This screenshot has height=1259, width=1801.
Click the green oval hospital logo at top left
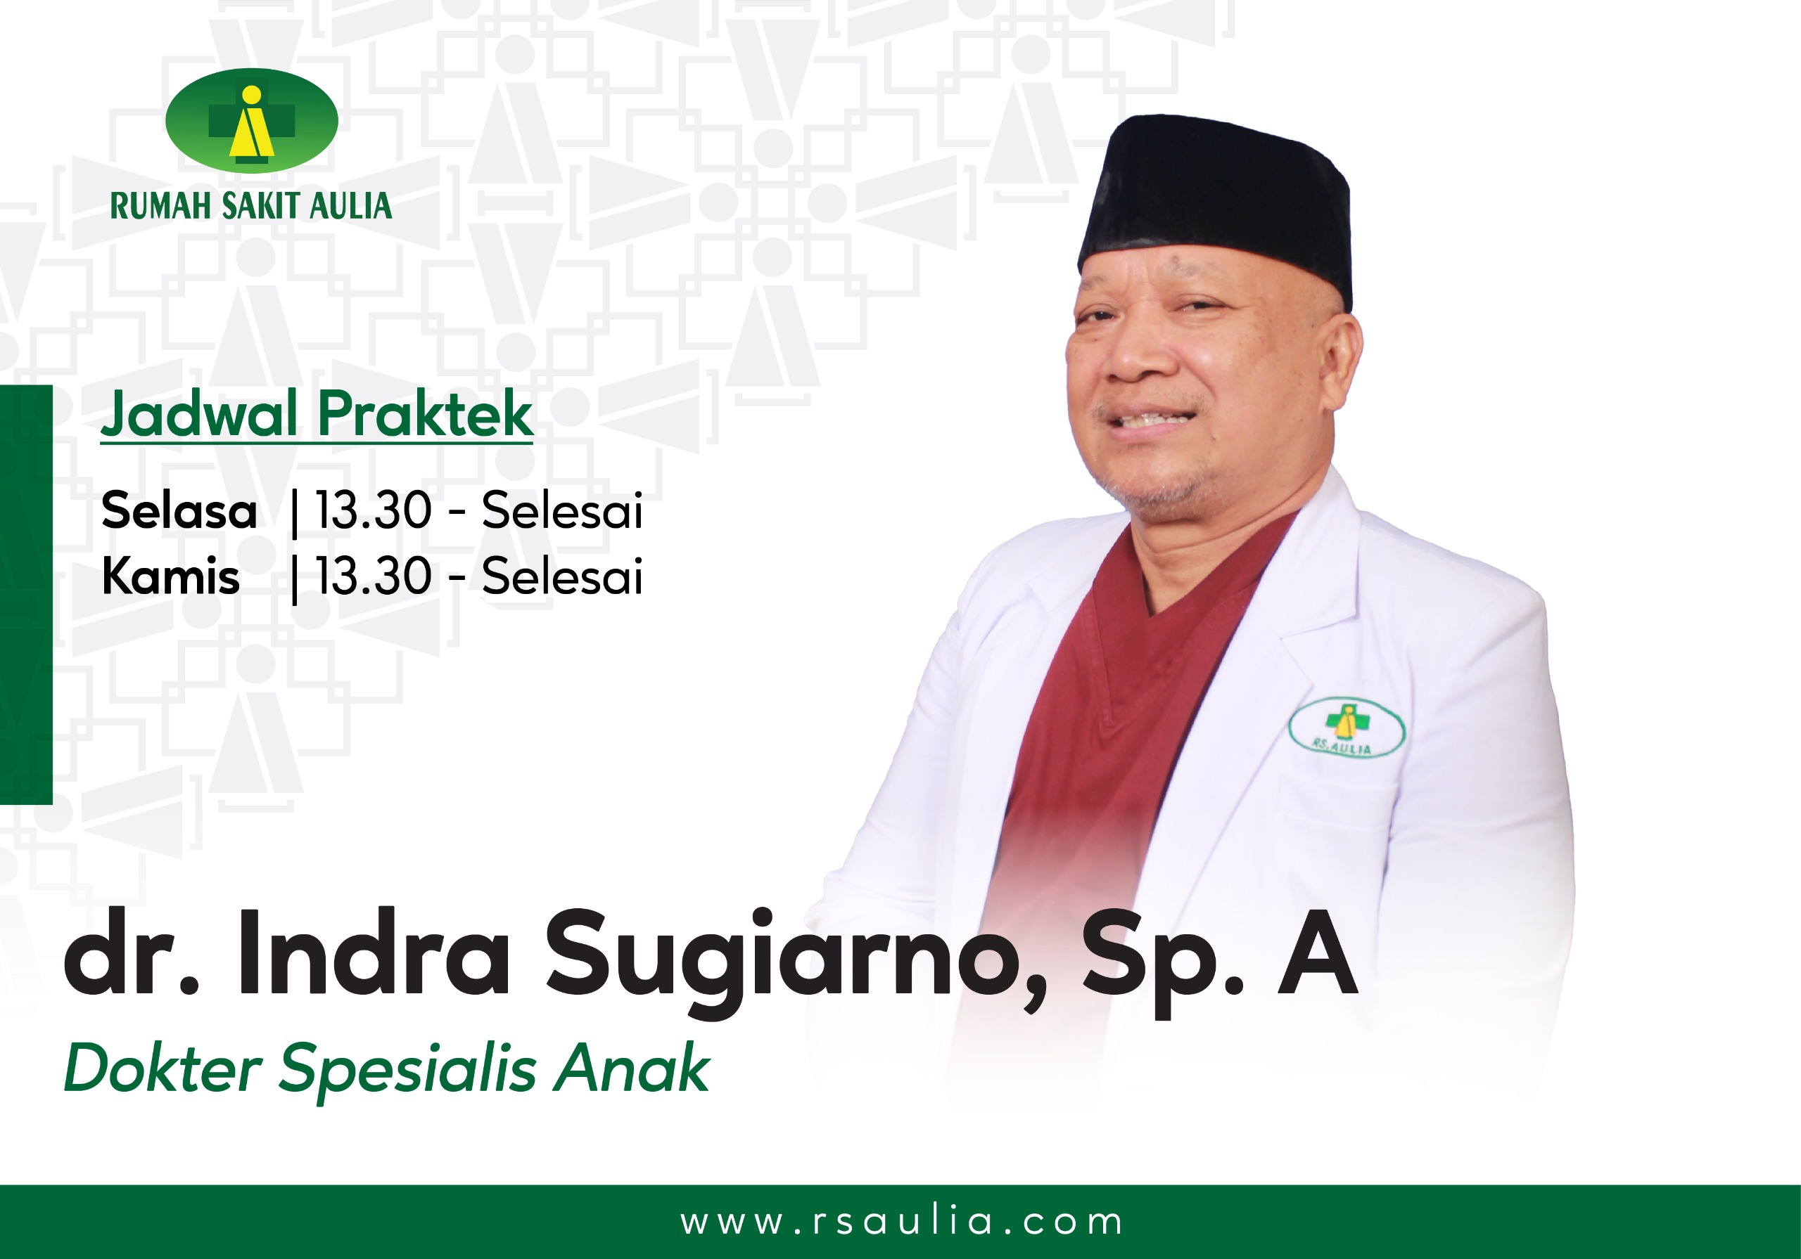pyautogui.click(x=252, y=121)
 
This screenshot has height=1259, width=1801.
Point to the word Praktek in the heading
pyautogui.click(x=426, y=414)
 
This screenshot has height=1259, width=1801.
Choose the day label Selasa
pyautogui.click(x=179, y=511)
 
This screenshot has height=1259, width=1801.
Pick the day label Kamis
pyautogui.click(x=171, y=577)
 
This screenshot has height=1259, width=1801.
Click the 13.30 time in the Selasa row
pyautogui.click(x=374, y=511)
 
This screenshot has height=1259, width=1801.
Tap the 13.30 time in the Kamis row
pyautogui.click(x=374, y=577)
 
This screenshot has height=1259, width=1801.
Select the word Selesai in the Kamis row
pyautogui.click(x=562, y=577)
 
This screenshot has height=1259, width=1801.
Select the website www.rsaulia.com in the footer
pyautogui.click(x=901, y=1221)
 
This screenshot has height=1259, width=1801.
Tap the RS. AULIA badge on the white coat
pyautogui.click(x=1347, y=727)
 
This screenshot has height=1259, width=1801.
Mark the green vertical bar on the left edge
pyautogui.click(x=26, y=594)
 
